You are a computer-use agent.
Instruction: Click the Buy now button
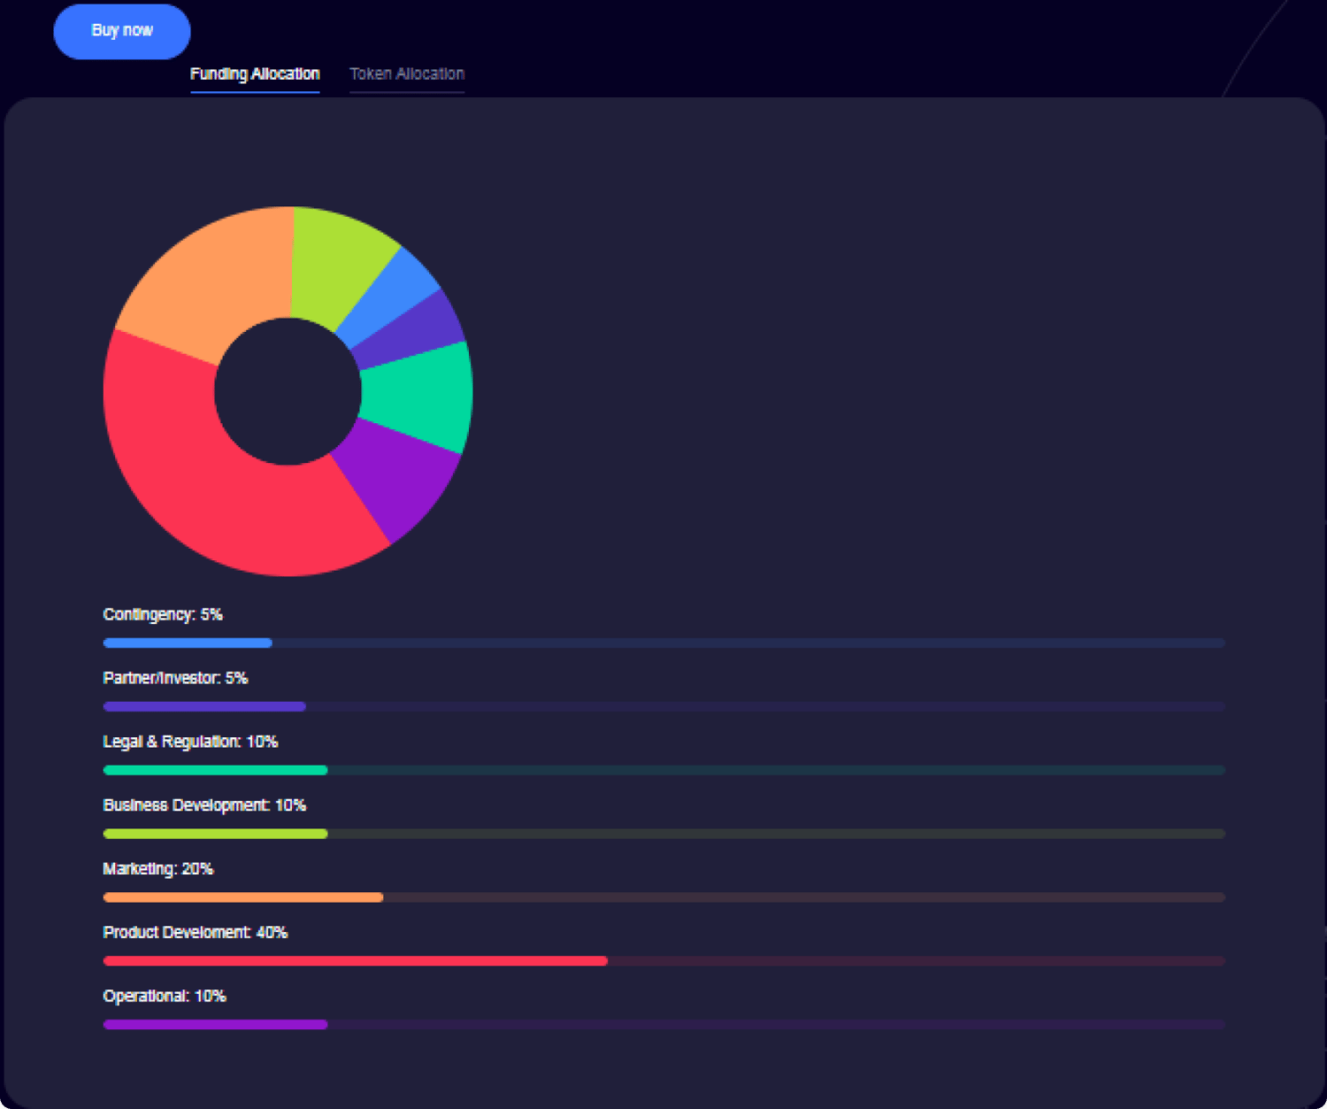(x=122, y=31)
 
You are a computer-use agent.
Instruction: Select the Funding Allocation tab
(x=255, y=74)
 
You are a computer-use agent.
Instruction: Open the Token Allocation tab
(x=407, y=74)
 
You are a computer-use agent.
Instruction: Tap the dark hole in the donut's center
(x=288, y=391)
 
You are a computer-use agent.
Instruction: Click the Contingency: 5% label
(x=163, y=615)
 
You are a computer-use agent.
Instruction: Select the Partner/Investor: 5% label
(x=175, y=679)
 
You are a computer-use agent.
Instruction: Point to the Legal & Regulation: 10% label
(x=190, y=742)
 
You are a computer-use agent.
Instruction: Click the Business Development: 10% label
(x=204, y=805)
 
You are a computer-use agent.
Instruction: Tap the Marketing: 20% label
(x=158, y=869)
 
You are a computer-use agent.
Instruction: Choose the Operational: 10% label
(x=165, y=997)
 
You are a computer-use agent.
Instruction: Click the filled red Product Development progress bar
(x=354, y=961)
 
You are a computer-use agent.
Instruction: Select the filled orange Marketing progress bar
(x=243, y=897)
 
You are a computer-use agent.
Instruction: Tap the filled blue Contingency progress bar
(x=188, y=643)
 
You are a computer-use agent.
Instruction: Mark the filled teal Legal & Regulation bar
(x=215, y=770)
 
